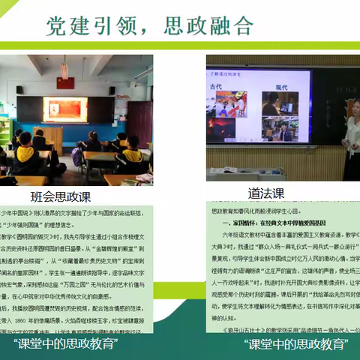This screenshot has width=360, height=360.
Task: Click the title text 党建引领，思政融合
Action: coord(150,25)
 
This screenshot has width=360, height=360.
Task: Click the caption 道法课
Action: coord(267,193)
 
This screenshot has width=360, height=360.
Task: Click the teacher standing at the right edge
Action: coord(351,135)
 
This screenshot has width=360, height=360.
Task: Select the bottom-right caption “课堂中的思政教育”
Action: coord(296,343)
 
